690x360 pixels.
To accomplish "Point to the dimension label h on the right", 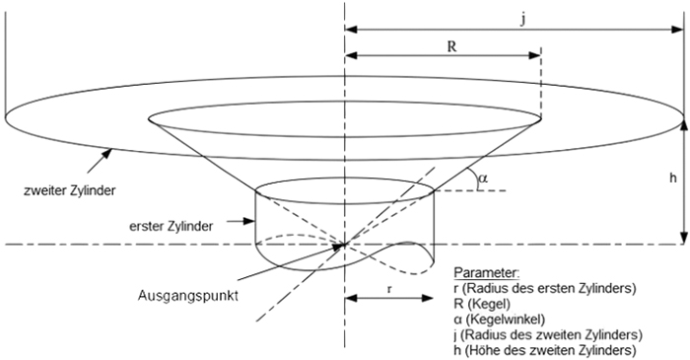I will tap(672, 178).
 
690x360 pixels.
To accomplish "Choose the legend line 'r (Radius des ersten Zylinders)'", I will tap(544, 288).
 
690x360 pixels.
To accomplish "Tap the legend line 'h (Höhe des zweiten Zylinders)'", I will tap(544, 351).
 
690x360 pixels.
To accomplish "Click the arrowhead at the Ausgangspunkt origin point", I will tap(338, 248).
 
